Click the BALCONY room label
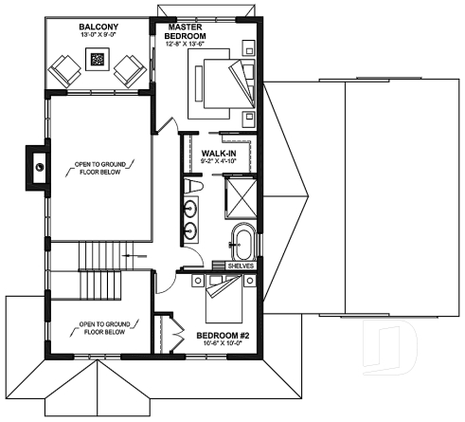(x=98, y=28)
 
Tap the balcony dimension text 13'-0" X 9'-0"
(x=98, y=37)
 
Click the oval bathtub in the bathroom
(x=242, y=242)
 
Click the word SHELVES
(x=241, y=266)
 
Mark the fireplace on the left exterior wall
(x=37, y=165)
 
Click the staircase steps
(x=97, y=254)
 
